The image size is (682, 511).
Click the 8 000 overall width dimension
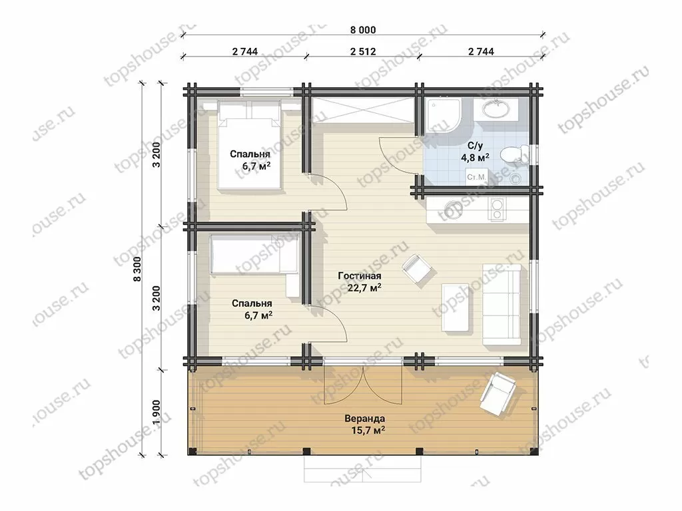[363, 30]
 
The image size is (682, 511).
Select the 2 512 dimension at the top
[363, 52]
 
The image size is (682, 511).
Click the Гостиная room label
[360, 276]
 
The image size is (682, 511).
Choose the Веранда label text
[364, 419]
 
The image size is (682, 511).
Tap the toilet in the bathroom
[513, 154]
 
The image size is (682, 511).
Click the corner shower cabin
[443, 114]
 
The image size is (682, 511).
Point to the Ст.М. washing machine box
[476, 177]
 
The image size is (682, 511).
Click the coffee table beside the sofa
[456, 307]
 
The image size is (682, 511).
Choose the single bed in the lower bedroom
[254, 255]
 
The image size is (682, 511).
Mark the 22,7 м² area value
[364, 287]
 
